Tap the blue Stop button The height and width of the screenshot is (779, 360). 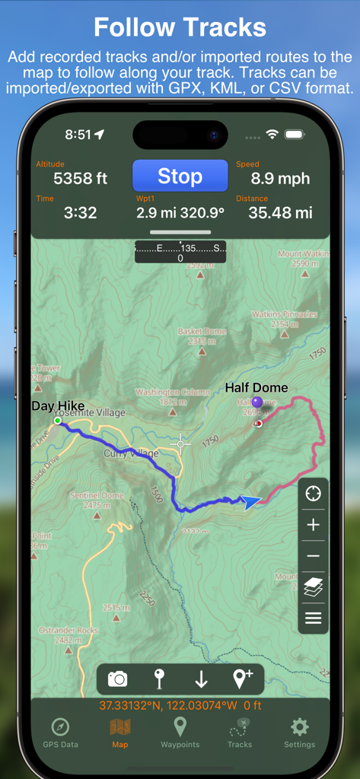click(180, 176)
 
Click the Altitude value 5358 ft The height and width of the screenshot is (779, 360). click(80, 179)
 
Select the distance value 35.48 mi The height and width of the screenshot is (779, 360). click(280, 213)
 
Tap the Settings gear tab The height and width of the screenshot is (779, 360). click(299, 731)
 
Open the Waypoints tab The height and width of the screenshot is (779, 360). click(180, 731)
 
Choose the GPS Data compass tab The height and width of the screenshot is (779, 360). click(60, 731)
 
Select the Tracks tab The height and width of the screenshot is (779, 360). click(240, 731)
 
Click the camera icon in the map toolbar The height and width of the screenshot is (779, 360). click(117, 679)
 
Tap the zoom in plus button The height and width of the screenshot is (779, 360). click(313, 525)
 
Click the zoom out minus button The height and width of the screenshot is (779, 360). click(313, 556)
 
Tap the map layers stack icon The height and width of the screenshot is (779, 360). click(313, 587)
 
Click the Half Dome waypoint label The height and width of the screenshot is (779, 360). click(256, 388)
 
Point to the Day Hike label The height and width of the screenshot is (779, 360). click(58, 406)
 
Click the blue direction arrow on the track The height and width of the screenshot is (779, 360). click(250, 502)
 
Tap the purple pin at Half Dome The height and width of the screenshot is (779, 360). click(257, 402)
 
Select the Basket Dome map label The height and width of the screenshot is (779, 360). click(202, 332)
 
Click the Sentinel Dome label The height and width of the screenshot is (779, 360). click(97, 496)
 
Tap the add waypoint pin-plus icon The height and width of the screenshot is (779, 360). click(242, 679)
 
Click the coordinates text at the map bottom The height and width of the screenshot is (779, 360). click(180, 705)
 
